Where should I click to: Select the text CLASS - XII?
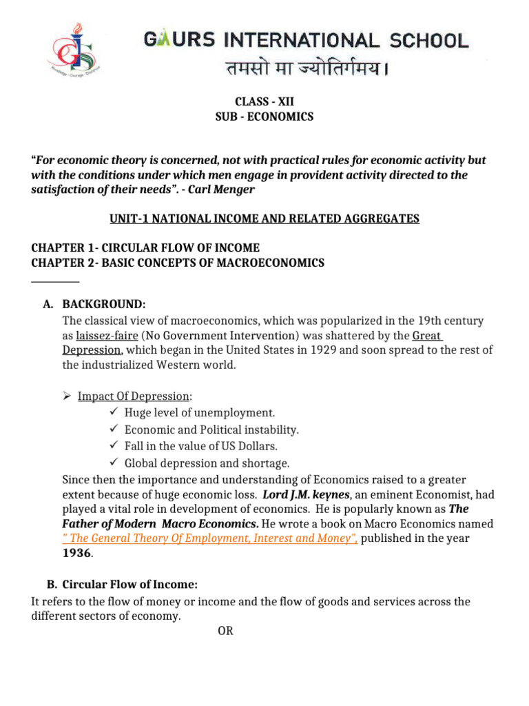264,101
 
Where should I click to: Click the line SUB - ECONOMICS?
264,117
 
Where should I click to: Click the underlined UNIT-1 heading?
264,219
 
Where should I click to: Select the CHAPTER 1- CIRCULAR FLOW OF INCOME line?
146,248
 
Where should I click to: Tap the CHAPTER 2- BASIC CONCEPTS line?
178,263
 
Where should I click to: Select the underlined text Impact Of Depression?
134,396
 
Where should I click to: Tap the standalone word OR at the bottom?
225,630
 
